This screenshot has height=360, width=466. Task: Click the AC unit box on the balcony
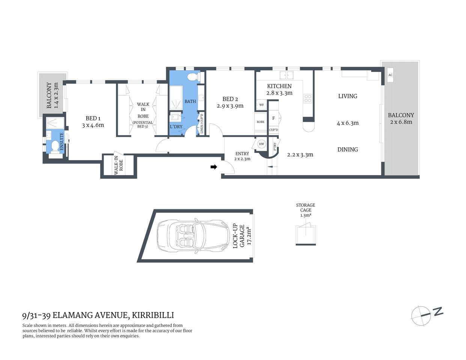click(390, 75)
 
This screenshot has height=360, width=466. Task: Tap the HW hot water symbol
click(262, 144)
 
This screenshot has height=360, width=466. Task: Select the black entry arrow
click(214, 167)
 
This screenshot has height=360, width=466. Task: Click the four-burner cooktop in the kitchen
click(308, 98)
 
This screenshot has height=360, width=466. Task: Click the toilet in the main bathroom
click(192, 77)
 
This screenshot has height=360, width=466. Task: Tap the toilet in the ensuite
click(55, 146)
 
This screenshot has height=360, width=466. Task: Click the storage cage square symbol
click(305, 234)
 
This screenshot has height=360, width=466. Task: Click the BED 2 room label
click(230, 99)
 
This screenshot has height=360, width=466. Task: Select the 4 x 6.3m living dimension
click(347, 123)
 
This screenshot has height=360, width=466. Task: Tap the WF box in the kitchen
click(262, 105)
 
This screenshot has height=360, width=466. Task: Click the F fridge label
click(274, 118)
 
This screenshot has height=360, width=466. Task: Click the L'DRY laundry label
click(176, 127)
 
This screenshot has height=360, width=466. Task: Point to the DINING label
click(347, 149)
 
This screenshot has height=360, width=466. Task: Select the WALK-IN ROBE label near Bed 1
click(119, 165)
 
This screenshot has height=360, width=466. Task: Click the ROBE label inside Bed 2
click(261, 122)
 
